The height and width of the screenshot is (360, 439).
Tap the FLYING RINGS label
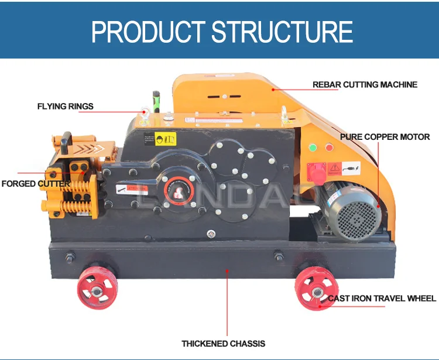coord(65,107)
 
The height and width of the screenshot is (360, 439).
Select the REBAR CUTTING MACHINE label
coord(365,85)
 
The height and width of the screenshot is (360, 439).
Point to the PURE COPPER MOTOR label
coord(385,137)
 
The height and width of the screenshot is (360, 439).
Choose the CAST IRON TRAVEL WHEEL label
coord(381,299)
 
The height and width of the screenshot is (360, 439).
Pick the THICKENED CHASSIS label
coord(223,344)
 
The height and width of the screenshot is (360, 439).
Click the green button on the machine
coord(313,146)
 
